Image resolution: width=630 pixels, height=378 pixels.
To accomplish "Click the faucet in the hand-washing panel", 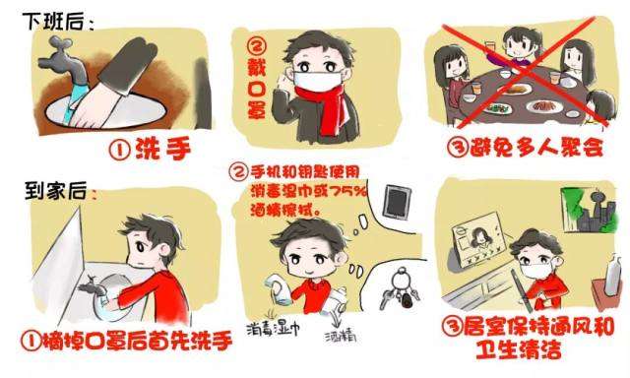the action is click(64, 64).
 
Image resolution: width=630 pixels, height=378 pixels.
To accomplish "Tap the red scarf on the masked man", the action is click(322, 108).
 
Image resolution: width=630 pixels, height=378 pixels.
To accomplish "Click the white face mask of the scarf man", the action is click(315, 81).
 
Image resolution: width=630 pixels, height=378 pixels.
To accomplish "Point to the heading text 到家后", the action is click(55, 190).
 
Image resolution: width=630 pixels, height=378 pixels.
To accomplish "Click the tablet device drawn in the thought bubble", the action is click(397, 202).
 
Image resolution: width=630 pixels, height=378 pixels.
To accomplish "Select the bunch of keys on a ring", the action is click(400, 290).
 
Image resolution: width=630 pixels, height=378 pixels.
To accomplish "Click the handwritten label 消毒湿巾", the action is click(274, 330).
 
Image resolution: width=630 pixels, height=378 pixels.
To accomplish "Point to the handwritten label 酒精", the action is click(341, 336).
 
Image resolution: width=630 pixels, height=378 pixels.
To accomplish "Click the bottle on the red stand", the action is click(612, 274).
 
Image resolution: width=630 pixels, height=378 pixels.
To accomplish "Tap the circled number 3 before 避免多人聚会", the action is click(458, 148).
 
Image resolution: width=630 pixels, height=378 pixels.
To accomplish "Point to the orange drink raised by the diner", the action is click(490, 48).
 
